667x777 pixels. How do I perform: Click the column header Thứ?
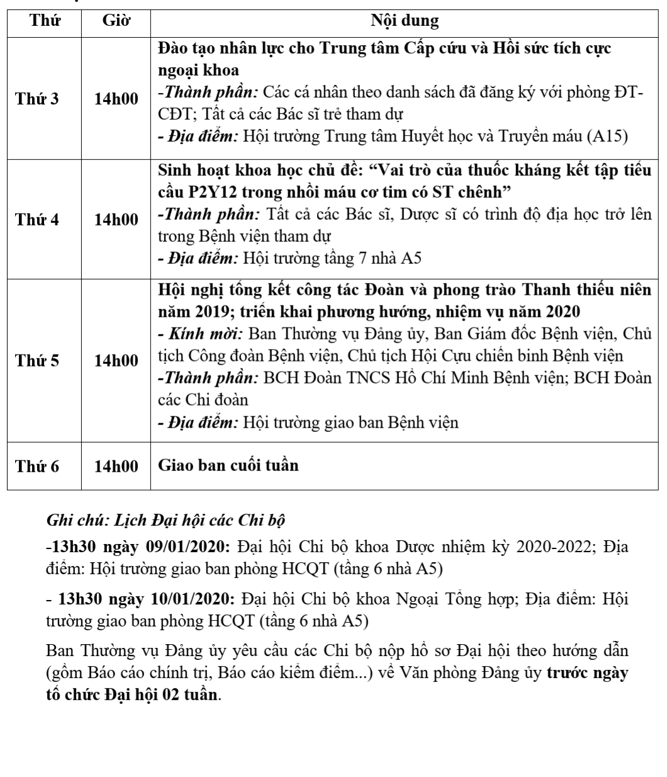coord(45,20)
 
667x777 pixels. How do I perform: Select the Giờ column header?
coord(116,20)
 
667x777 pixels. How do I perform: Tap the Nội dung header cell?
coord(405,20)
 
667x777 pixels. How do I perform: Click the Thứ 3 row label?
coord(37,99)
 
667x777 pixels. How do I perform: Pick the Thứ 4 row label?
coord(37,220)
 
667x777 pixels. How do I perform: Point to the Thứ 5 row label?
coord(37,361)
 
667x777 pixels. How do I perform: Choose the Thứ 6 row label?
coord(37,467)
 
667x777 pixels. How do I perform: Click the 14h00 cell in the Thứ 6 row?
coord(116,467)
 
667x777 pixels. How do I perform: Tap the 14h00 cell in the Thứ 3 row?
coord(116,99)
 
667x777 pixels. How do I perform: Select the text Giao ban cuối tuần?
coord(228,465)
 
